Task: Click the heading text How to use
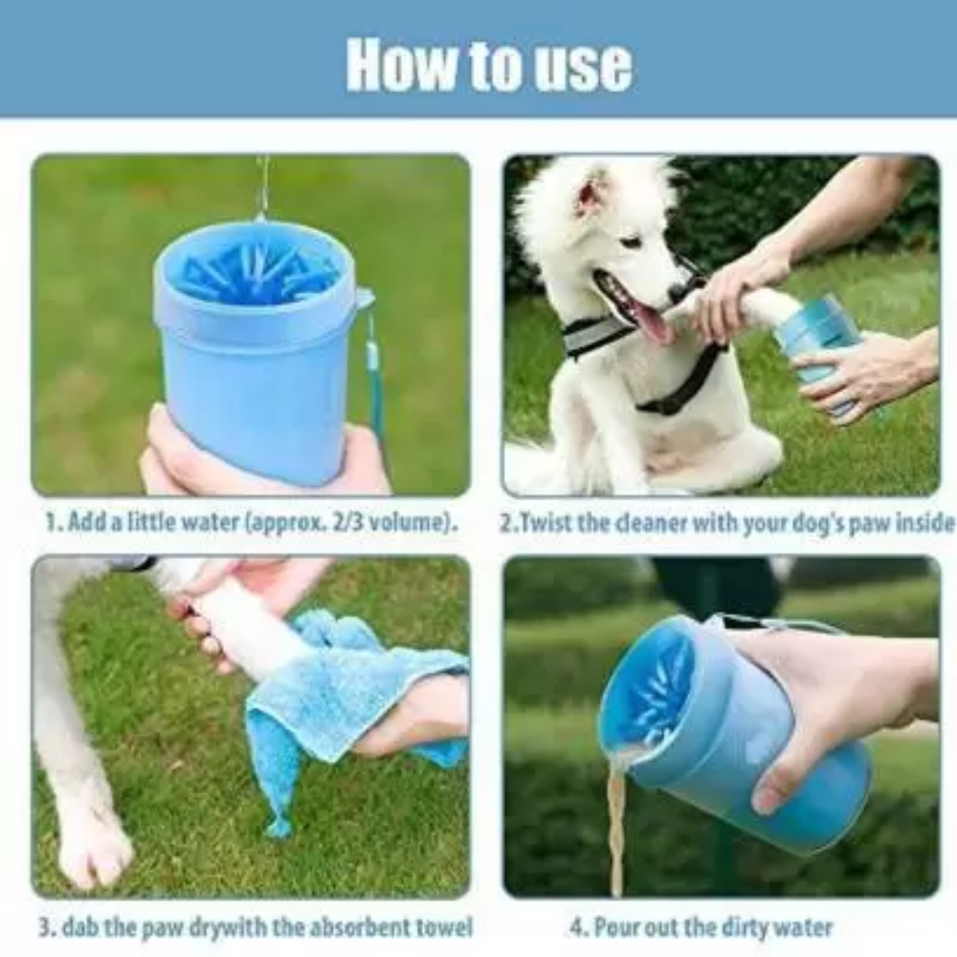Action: point(489,65)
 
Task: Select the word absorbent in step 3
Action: point(363,926)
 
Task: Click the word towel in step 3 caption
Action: point(445,926)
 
